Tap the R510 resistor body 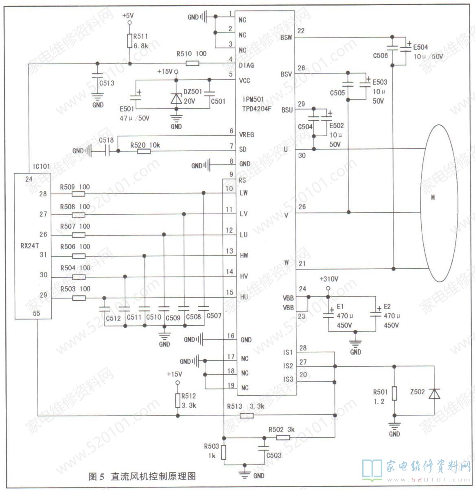pyautogui.click(x=193, y=63)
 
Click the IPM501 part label pyautogui.click(x=253, y=99)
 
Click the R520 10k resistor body pyautogui.click(x=144, y=152)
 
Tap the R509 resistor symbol pyautogui.click(x=79, y=194)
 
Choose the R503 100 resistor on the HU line pyautogui.click(x=79, y=298)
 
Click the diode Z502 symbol pyautogui.click(x=435, y=394)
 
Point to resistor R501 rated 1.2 pyautogui.click(x=394, y=394)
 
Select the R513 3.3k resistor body pyautogui.click(x=247, y=416)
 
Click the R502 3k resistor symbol pyautogui.click(x=283, y=438)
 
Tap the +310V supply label pyautogui.click(x=328, y=279)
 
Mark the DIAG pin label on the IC pyautogui.click(x=246, y=65)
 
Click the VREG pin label pyautogui.click(x=247, y=135)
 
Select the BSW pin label pyautogui.click(x=286, y=38)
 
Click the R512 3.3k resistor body pyautogui.click(x=177, y=401)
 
